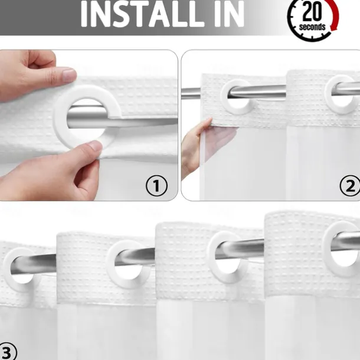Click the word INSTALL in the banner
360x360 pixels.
coord(142,14)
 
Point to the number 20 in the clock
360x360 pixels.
coord(312,11)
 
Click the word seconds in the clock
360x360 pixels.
coord(312,27)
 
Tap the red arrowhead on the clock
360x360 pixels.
coord(334,28)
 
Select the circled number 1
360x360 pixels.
coord(156,186)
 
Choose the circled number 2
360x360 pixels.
coord(350,186)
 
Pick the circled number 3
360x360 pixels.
coord(7,352)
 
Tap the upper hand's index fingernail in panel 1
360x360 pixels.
coord(69,75)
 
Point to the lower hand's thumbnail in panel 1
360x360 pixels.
coord(95,146)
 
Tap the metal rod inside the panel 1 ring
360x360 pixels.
coord(87,117)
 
